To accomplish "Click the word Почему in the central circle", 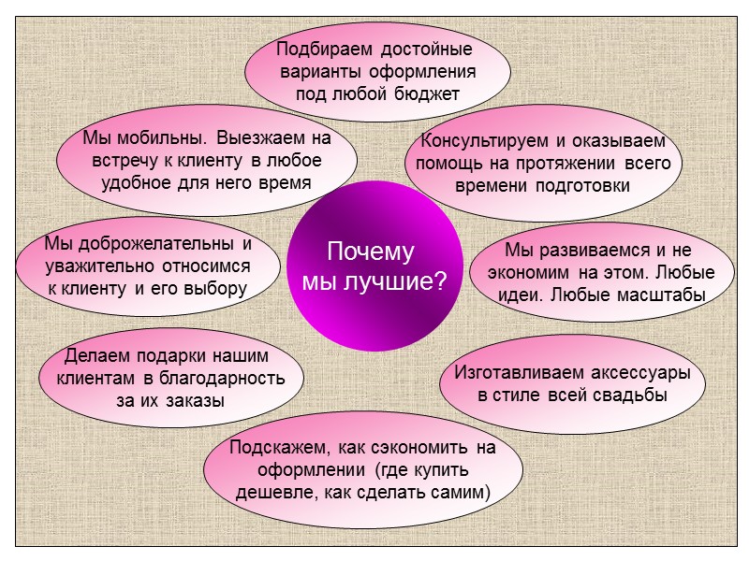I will tap(370, 252).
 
